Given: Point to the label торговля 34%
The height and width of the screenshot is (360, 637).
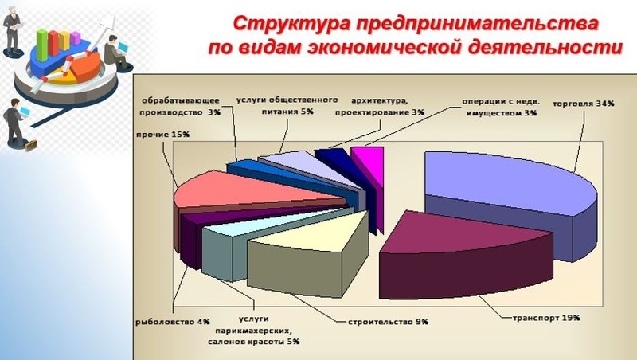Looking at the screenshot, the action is tap(583, 104).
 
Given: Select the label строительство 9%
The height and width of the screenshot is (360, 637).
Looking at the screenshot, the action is tap(388, 322).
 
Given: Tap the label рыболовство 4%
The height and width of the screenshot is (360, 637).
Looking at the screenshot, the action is tap(173, 322).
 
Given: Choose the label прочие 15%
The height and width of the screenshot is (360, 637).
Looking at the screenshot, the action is tap(163, 134).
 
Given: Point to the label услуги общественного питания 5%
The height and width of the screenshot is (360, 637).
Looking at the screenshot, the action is tap(287, 105).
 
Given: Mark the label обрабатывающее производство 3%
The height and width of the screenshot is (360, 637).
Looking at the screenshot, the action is tap(181, 107).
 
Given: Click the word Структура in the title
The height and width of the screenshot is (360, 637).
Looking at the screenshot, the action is tap(292, 24).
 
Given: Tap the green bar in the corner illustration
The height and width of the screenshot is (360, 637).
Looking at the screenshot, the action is tap(42, 44).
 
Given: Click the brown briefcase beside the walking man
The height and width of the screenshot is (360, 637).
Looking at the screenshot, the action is tap(31, 145).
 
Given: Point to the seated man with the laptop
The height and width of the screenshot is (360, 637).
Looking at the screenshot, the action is tap(116, 52).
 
